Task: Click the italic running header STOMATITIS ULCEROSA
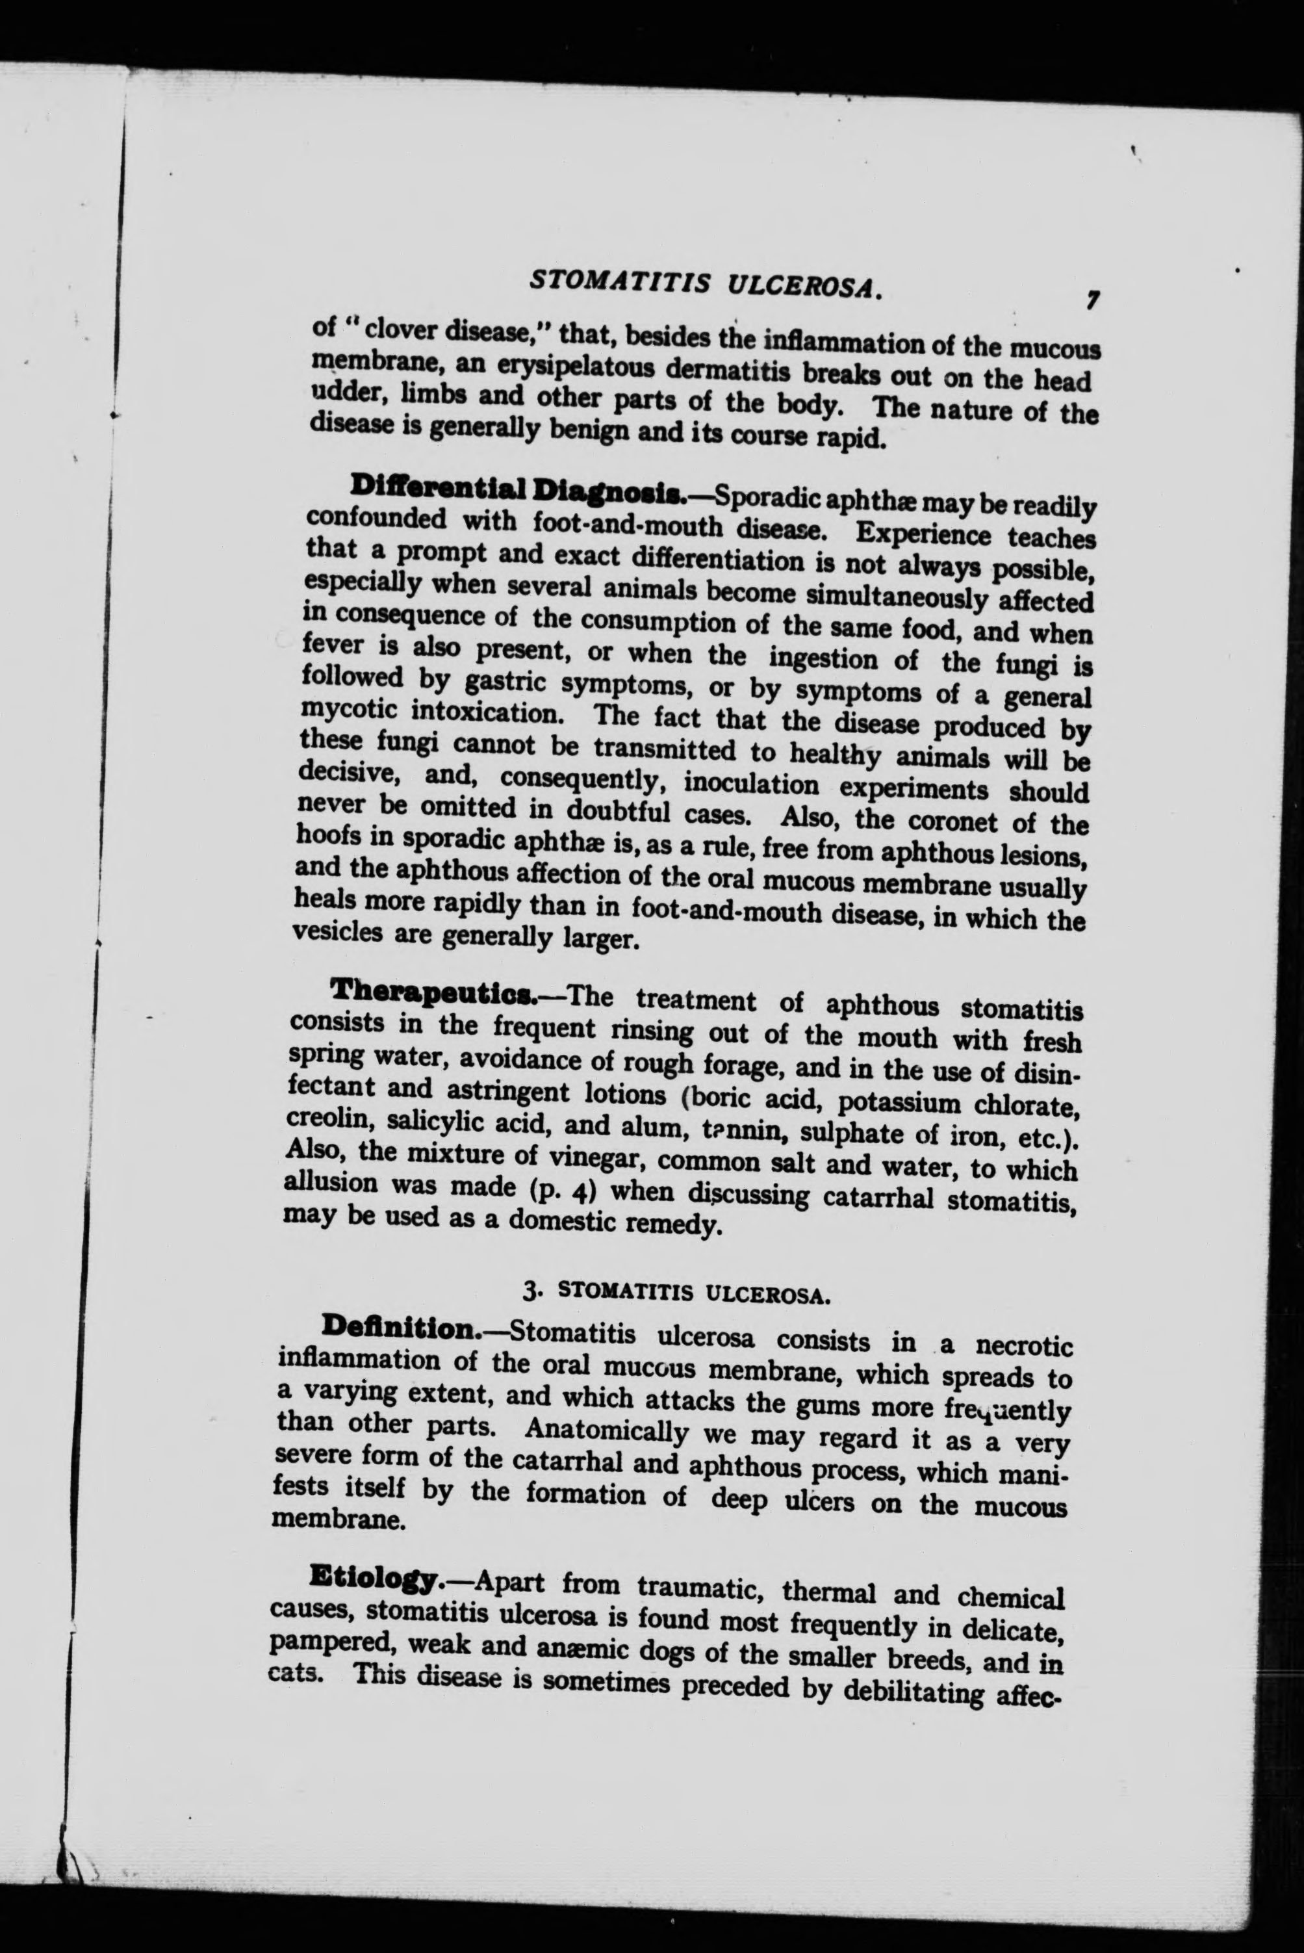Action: point(704,285)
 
